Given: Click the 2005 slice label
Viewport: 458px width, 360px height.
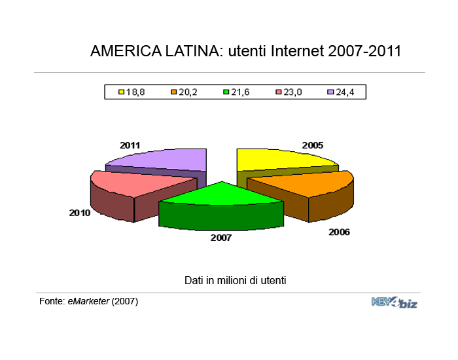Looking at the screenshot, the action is [313, 145].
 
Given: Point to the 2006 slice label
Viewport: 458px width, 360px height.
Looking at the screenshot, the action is [339, 232].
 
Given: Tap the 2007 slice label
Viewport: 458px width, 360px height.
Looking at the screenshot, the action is [221, 238].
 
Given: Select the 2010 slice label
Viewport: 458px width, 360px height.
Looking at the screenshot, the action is [80, 213].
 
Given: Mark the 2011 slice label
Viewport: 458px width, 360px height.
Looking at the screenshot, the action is [130, 145].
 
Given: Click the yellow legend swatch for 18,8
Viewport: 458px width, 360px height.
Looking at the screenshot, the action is [121, 92].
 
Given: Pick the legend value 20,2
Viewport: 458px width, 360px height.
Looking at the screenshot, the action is [188, 92].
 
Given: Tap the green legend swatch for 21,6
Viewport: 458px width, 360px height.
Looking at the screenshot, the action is [226, 92].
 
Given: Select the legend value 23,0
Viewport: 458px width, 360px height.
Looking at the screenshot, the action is [292, 92].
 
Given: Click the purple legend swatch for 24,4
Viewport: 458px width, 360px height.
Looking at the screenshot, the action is [330, 92].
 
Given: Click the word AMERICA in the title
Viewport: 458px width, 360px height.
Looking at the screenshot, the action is [126, 51].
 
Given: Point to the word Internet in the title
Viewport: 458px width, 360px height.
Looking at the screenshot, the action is [297, 51].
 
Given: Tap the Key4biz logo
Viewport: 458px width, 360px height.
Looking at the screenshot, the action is [395, 302].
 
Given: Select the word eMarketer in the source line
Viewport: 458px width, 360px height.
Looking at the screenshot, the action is [88, 301].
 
